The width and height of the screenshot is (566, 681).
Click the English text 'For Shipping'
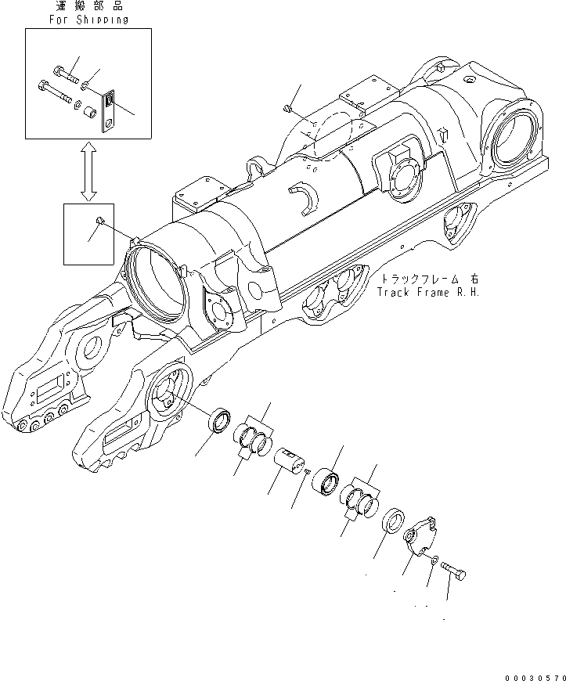tap(88, 20)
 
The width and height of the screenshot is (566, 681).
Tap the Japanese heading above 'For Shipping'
tap(88, 7)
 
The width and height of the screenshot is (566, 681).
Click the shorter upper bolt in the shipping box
tap(68, 77)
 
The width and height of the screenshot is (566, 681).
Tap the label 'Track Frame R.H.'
tap(427, 292)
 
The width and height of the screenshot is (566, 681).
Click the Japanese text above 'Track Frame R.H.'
tap(427, 279)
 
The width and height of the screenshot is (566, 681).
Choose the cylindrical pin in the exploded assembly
tap(290, 461)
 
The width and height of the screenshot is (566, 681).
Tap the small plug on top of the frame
tap(288, 109)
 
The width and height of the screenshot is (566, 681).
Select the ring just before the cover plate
tap(393, 522)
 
